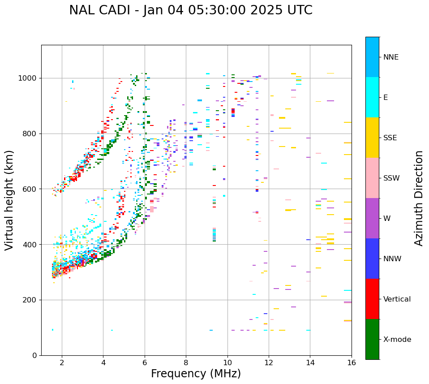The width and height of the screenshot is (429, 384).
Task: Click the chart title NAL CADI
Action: click(x=190, y=10)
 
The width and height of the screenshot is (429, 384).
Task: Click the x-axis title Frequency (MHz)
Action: click(x=196, y=374)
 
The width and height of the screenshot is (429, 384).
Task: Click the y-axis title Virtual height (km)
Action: click(x=9, y=200)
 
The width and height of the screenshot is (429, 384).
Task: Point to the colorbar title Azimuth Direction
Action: click(x=419, y=198)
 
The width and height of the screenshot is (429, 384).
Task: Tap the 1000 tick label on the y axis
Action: click(x=28, y=78)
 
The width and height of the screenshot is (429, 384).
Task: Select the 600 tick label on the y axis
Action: click(x=30, y=189)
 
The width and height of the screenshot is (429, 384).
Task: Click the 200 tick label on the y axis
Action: click(x=30, y=300)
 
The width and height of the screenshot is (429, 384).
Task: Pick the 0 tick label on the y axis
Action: click(x=34, y=355)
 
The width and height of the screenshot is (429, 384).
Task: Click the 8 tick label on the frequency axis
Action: click(x=186, y=362)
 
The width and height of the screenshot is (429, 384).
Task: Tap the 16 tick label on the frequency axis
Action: click(x=352, y=362)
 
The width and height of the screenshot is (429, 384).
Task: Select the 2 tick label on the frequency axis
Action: click(x=62, y=362)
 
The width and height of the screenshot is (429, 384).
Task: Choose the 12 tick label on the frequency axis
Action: click(x=269, y=362)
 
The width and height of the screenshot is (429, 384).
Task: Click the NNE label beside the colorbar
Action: click(x=390, y=57)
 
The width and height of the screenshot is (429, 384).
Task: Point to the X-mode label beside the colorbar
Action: click(x=397, y=340)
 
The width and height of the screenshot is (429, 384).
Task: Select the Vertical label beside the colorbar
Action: click(x=397, y=299)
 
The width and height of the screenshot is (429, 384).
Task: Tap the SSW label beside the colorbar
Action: click(x=391, y=178)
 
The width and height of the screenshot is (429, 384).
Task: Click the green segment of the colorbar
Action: click(x=372, y=339)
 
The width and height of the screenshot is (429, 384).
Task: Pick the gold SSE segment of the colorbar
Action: click(x=372, y=138)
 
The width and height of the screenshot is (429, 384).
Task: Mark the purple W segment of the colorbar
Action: click(x=372, y=218)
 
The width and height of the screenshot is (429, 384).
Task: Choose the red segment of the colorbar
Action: click(x=372, y=299)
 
